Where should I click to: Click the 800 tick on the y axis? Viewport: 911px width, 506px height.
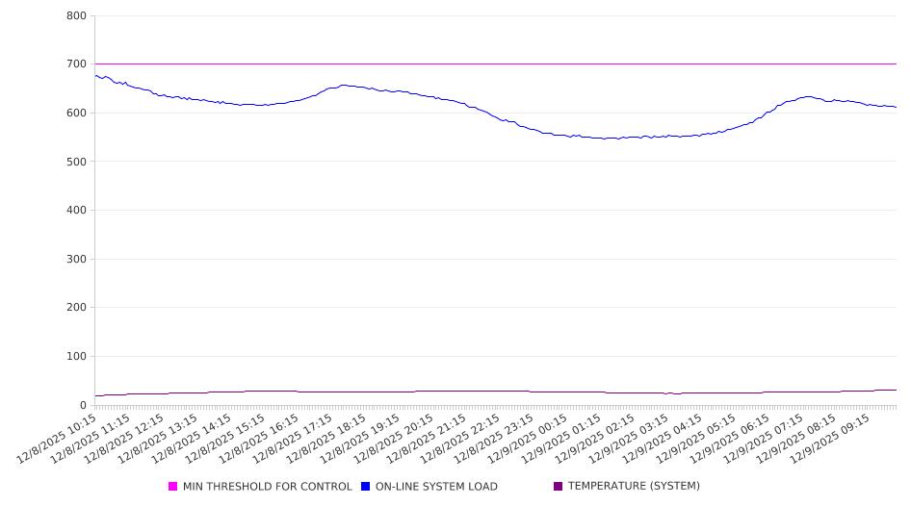77,16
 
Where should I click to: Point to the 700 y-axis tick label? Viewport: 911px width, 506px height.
77,64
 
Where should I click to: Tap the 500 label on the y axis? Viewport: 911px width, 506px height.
77,162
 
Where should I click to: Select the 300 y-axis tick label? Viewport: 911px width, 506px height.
77,259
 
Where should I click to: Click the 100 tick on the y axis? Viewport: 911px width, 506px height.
77,357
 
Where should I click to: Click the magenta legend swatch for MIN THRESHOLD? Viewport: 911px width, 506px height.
173,487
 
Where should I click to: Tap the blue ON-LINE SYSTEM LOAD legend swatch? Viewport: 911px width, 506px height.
365,487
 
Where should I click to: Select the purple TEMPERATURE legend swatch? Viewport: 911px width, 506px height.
558,487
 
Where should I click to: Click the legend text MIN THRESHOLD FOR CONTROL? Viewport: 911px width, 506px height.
268,487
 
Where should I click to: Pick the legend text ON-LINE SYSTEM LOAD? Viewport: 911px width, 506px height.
436,487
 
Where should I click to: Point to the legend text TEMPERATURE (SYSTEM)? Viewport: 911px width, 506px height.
634,487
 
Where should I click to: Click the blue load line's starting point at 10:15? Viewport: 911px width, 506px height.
95,75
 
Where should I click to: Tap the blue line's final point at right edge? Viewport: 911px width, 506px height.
896,107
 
